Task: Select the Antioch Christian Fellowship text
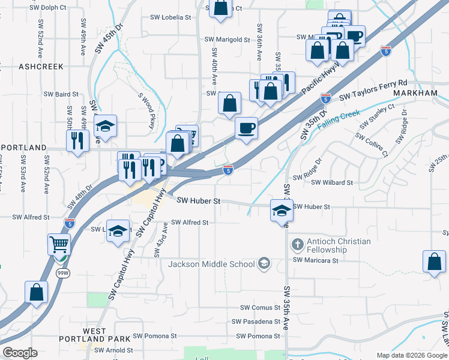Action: coord(339,245)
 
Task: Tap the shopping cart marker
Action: coord(59,244)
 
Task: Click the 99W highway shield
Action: coord(62,273)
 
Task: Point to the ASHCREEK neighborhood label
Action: coord(41,67)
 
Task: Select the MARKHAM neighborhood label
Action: coord(415,94)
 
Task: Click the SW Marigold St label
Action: coord(227,40)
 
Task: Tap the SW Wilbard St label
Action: coord(331,182)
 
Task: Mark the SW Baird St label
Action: coord(61,94)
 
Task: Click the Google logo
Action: coord(20,353)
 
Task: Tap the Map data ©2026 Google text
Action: coord(411,355)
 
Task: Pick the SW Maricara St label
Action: coord(316,261)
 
